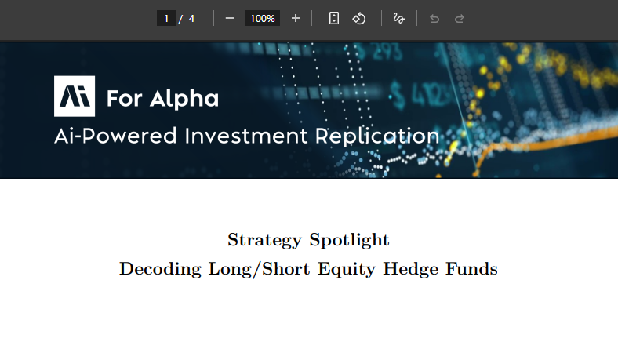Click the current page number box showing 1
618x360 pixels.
pyautogui.click(x=165, y=18)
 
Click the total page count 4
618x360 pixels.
pyautogui.click(x=191, y=18)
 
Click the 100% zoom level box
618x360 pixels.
pyautogui.click(x=262, y=18)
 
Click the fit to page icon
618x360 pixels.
pyautogui.click(x=334, y=18)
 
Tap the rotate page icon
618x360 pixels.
pyautogui.click(x=359, y=18)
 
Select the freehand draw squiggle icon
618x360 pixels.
pyautogui.click(x=399, y=18)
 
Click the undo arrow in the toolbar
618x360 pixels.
pyautogui.click(x=434, y=18)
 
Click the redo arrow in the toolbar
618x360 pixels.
pyautogui.click(x=460, y=18)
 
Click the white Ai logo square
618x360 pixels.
pyautogui.click(x=75, y=96)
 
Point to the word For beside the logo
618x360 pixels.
pyautogui.click(x=122, y=99)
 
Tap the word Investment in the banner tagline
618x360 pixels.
pyautogui.click(x=247, y=136)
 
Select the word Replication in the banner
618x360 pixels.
pyautogui.click(x=377, y=136)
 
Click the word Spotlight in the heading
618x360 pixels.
pyautogui.click(x=349, y=239)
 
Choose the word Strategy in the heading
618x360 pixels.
pyautogui.click(x=264, y=239)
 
